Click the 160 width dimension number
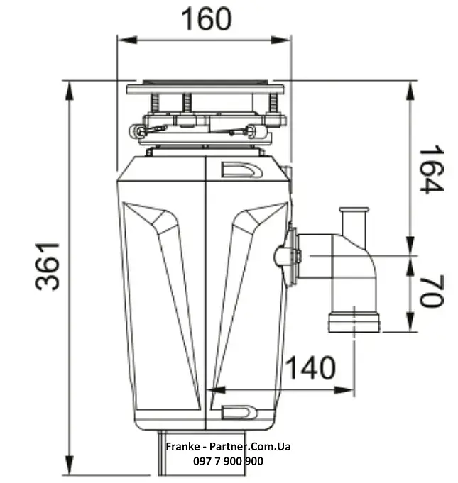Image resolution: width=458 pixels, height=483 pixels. click(x=206, y=19)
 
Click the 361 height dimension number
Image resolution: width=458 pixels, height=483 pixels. click(x=47, y=267)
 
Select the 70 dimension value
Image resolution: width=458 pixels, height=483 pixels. click(x=431, y=291)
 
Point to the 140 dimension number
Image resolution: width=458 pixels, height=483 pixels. click(x=310, y=368)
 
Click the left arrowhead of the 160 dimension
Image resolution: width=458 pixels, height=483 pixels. click(x=127, y=40)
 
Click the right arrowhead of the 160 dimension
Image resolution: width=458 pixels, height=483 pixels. click(x=281, y=40)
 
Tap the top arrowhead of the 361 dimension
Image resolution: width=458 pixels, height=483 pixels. click(x=70, y=91)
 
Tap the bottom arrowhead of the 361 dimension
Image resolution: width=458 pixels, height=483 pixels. click(x=70, y=465)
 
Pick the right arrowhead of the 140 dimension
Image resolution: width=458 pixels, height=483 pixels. click(x=344, y=390)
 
